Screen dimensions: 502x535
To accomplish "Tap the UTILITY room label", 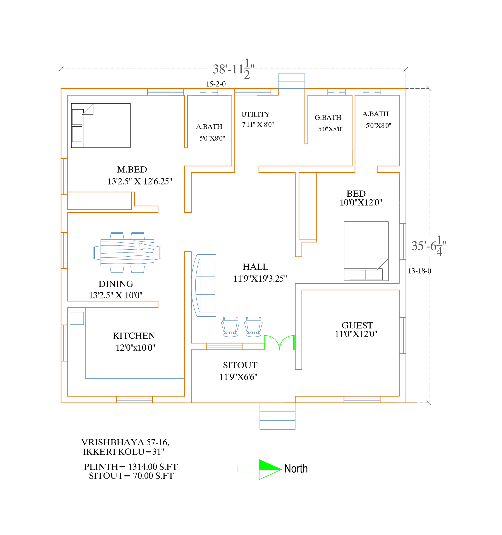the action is (x=255, y=114).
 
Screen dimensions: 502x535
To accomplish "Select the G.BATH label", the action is (x=328, y=118).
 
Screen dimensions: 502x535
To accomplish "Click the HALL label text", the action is (x=255, y=267).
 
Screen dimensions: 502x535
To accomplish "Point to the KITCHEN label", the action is (x=134, y=336).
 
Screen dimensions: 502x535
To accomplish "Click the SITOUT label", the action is (x=240, y=365).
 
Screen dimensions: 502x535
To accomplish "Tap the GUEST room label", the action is (x=357, y=325).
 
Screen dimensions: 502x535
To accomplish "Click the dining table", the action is (x=127, y=253).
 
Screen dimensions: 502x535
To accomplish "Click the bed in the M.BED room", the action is (x=101, y=125).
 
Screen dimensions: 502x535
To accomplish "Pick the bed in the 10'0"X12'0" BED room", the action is (x=366, y=251).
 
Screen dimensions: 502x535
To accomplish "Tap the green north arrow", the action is (x=260, y=470).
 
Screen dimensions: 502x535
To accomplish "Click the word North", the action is (x=296, y=469).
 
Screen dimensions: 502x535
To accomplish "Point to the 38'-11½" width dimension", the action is (x=233, y=69).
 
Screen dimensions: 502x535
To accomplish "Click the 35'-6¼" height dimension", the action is (x=429, y=245).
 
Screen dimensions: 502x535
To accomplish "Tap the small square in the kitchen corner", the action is (x=77, y=318).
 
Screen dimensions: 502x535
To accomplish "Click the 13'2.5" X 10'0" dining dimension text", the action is (x=115, y=295).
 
